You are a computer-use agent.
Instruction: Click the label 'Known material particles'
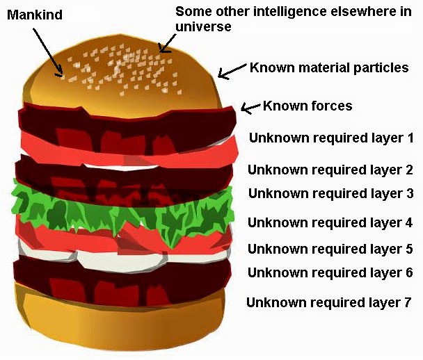[329, 68]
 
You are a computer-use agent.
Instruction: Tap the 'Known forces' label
[308, 106]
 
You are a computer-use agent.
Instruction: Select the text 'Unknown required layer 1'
[331, 137]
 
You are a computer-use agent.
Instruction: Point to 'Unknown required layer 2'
[330, 170]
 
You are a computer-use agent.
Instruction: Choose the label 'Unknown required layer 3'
[331, 194]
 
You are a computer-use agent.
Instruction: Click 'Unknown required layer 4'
[330, 223]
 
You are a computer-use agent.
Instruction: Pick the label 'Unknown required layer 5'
[330, 248]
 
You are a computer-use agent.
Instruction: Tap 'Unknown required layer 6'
[330, 272]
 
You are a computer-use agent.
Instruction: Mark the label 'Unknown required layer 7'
[330, 302]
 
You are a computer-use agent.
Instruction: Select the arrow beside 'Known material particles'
[232, 70]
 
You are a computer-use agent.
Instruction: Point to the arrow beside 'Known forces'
[250, 107]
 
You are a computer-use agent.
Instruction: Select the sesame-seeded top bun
[125, 76]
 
